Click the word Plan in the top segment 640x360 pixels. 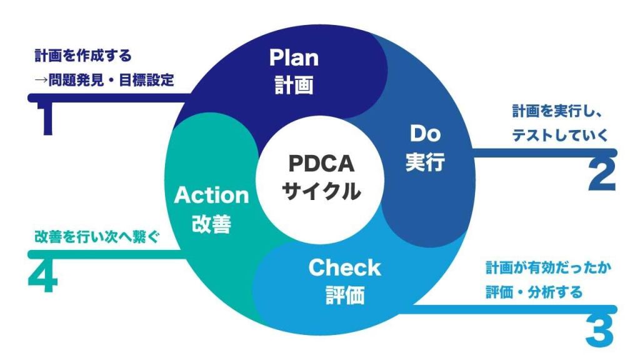pyautogui.click(x=294, y=57)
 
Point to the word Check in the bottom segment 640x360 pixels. pyautogui.click(x=344, y=267)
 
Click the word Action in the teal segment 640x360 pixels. pyautogui.click(x=211, y=195)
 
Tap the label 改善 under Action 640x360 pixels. pyautogui.click(x=211, y=223)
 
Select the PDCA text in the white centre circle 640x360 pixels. pyautogui.click(x=321, y=163)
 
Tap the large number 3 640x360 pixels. pyautogui.click(x=600, y=331)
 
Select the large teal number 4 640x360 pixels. pyautogui.click(x=42, y=278)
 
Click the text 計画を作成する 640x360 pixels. pyautogui.click(x=83, y=56)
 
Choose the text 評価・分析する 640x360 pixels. pyautogui.click(x=534, y=292)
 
